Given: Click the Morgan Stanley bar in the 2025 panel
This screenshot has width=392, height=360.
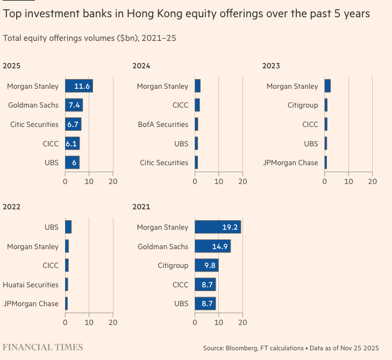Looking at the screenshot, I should point(79,86).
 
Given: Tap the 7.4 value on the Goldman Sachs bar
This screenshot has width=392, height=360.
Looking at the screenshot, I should point(74,105).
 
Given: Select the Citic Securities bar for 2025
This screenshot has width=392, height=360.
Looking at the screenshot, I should point(73,124).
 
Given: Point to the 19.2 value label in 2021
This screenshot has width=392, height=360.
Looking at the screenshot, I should point(230,227).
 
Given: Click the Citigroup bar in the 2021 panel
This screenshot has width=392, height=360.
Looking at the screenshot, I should point(206,265).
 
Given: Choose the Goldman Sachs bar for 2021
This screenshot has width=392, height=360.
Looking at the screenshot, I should point(212,246).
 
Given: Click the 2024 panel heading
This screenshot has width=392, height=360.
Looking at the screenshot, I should point(141,66).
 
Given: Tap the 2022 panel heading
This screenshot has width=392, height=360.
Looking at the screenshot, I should point(11,207).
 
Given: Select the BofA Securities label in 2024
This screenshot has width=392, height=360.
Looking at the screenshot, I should point(164,124).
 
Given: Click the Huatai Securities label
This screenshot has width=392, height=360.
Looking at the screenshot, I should point(31,284).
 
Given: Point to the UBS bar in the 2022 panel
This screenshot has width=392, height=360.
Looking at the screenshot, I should point(68,227).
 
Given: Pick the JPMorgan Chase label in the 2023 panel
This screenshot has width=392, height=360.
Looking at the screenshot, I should point(290,163).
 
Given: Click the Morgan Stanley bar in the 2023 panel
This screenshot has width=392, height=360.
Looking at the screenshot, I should point(327,86).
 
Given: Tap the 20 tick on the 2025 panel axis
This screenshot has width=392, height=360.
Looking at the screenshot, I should point(113,182).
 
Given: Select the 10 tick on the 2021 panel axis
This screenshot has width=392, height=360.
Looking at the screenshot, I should point(219,323).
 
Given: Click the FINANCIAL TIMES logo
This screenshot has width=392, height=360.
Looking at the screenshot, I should point(43,347).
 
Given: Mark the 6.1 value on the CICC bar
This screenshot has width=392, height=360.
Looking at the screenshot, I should point(72,144).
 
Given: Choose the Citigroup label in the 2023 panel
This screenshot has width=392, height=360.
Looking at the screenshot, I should point(303,105).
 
